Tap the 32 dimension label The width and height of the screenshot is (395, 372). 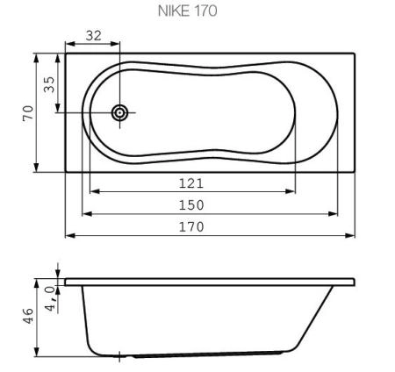(92, 36)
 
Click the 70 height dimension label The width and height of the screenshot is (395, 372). (27, 112)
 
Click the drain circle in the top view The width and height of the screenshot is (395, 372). (119, 112)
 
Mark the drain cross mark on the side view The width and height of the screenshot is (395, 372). (119, 354)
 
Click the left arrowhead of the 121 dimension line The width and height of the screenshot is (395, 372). (92, 190)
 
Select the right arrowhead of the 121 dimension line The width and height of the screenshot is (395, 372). (292, 190)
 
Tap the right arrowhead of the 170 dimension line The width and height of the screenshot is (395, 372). (353, 235)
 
